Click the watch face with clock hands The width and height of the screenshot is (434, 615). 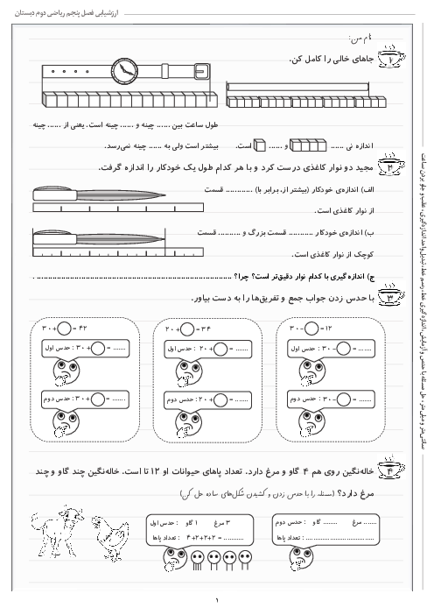pos(123,69)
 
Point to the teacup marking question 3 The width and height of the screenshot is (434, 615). pos(388,298)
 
